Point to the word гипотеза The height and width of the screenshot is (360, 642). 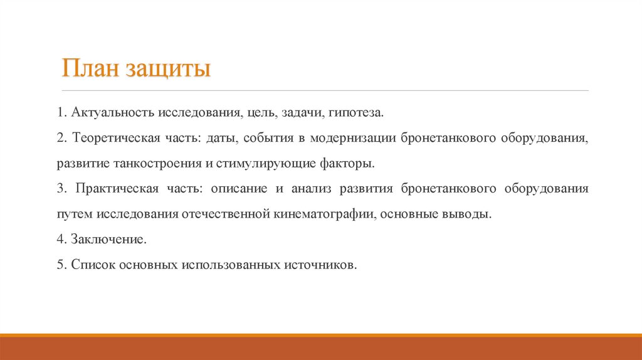click(x=355, y=114)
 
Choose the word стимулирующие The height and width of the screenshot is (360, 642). click(x=253, y=164)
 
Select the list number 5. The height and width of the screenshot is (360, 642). click(x=60, y=265)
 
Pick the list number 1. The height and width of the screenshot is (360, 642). click(x=60, y=114)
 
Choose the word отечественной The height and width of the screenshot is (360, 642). click(x=226, y=214)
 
